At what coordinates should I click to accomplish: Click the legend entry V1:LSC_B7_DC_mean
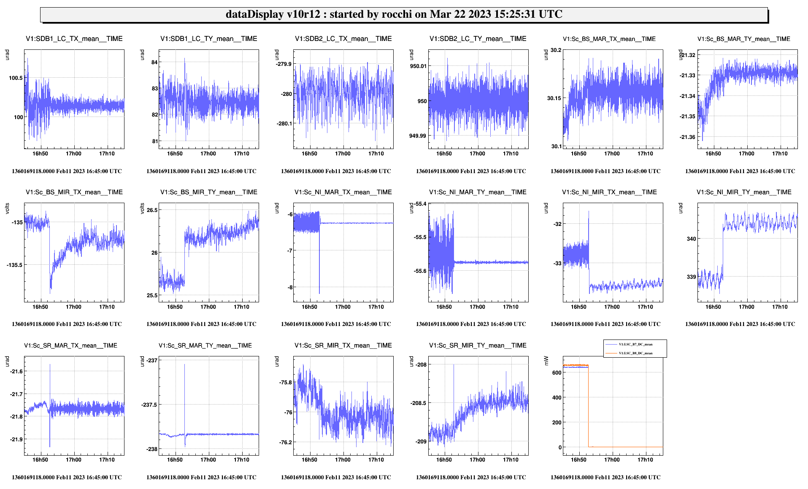635,344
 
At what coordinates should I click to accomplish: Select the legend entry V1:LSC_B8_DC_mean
635,353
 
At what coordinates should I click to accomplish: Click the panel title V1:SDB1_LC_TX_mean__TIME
74,39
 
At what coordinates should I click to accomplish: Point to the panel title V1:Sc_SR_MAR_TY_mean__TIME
205,345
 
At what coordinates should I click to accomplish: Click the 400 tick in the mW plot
557,397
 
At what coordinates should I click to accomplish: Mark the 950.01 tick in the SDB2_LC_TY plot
418,66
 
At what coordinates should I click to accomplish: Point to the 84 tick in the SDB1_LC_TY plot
154,62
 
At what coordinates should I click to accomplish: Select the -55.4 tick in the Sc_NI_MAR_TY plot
420,204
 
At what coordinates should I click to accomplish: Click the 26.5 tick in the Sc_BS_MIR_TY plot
152,210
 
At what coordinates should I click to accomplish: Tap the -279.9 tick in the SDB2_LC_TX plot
284,64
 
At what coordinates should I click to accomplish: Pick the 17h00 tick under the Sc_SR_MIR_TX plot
343,460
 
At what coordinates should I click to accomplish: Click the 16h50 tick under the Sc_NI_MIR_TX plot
578,307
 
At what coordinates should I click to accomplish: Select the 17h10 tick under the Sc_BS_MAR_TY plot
780,154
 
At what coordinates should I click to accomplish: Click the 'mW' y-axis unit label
546,361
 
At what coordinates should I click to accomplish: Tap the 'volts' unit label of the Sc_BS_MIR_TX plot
7,209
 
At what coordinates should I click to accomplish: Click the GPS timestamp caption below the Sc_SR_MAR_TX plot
67,477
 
